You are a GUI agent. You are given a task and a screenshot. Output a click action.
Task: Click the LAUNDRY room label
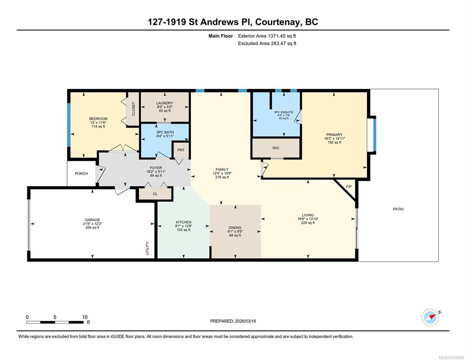tap(165, 103)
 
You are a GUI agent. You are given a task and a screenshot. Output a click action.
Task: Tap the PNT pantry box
tap(181, 150)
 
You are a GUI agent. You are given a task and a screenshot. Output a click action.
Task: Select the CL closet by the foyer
tap(155, 194)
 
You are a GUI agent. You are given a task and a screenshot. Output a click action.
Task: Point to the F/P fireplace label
tap(349, 187)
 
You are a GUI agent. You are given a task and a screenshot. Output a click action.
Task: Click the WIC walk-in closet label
tap(276, 148)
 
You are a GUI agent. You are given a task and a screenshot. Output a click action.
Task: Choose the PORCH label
tap(81, 173)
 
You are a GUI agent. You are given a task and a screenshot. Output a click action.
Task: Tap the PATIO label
tap(398, 209)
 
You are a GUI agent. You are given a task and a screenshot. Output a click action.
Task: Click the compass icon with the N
tap(430, 317)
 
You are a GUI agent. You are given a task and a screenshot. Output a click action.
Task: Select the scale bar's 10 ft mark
tap(85, 317)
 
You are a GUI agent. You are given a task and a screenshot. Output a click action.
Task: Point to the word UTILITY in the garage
tap(147, 248)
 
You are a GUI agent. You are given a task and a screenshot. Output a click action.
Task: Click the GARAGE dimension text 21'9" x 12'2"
tap(92, 224)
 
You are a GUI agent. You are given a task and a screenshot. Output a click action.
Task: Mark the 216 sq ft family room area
tap(222, 177)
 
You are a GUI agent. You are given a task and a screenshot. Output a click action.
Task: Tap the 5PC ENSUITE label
tap(284, 112)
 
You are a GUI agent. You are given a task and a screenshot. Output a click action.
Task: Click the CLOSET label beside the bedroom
tap(134, 109)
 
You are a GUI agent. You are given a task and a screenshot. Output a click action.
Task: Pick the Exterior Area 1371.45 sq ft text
tap(267, 36)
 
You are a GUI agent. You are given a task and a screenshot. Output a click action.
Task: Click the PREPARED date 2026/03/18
tap(245, 321)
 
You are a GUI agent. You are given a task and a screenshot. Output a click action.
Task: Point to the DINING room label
tap(235, 227)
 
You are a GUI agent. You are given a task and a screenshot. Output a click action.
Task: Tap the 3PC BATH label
tap(165, 132)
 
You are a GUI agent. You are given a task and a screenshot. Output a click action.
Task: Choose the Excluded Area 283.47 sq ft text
tap(267, 44)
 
